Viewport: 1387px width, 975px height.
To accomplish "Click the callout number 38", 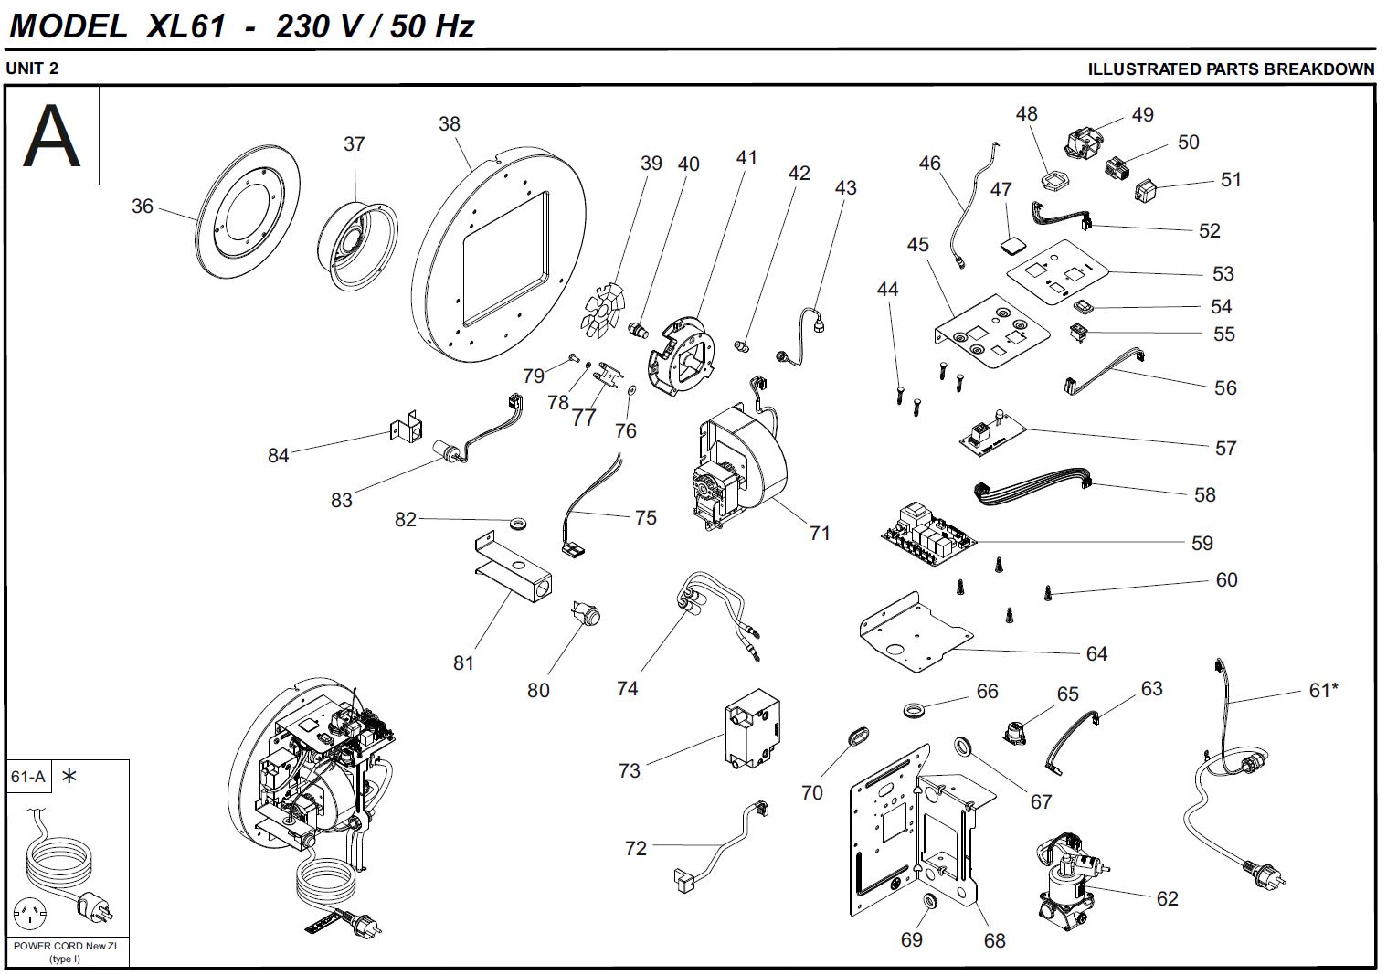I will click(x=449, y=124).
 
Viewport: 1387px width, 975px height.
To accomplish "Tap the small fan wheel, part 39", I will click(x=605, y=308).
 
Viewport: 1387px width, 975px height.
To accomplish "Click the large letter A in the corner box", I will click(x=51, y=136).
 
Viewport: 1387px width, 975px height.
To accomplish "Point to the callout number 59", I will click(x=1202, y=544).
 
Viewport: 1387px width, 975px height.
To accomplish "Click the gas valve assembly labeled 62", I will click(x=1064, y=877).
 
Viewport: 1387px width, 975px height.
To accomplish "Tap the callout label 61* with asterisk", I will click(x=1323, y=691).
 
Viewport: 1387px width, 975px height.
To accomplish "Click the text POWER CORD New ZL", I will click(x=66, y=946).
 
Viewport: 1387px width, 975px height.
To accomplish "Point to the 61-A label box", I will click(x=27, y=777).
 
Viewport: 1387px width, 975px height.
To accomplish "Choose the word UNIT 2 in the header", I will click(x=32, y=69).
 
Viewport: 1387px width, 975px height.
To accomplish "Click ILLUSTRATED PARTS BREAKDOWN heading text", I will click(x=1230, y=69).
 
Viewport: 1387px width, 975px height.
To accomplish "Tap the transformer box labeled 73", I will click(x=753, y=731).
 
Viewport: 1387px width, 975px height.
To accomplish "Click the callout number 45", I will click(x=917, y=245).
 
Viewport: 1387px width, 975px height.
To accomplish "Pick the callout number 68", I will click(x=994, y=940).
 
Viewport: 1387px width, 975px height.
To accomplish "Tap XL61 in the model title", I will click(x=185, y=26).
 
